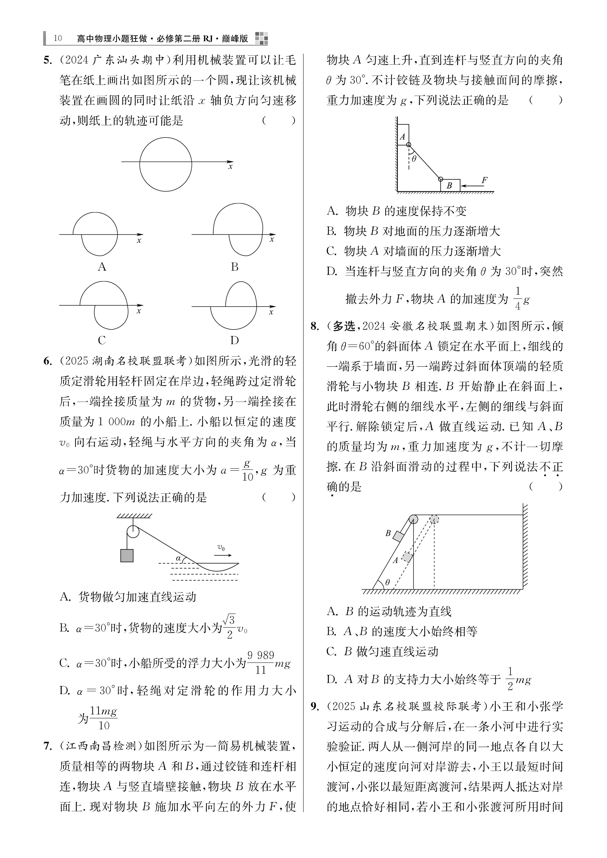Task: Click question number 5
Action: point(47,60)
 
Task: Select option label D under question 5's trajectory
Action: point(234,340)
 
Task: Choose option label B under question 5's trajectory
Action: point(234,267)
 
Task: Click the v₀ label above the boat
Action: point(221,548)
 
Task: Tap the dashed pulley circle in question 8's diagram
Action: point(434,519)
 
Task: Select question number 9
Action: point(315,706)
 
